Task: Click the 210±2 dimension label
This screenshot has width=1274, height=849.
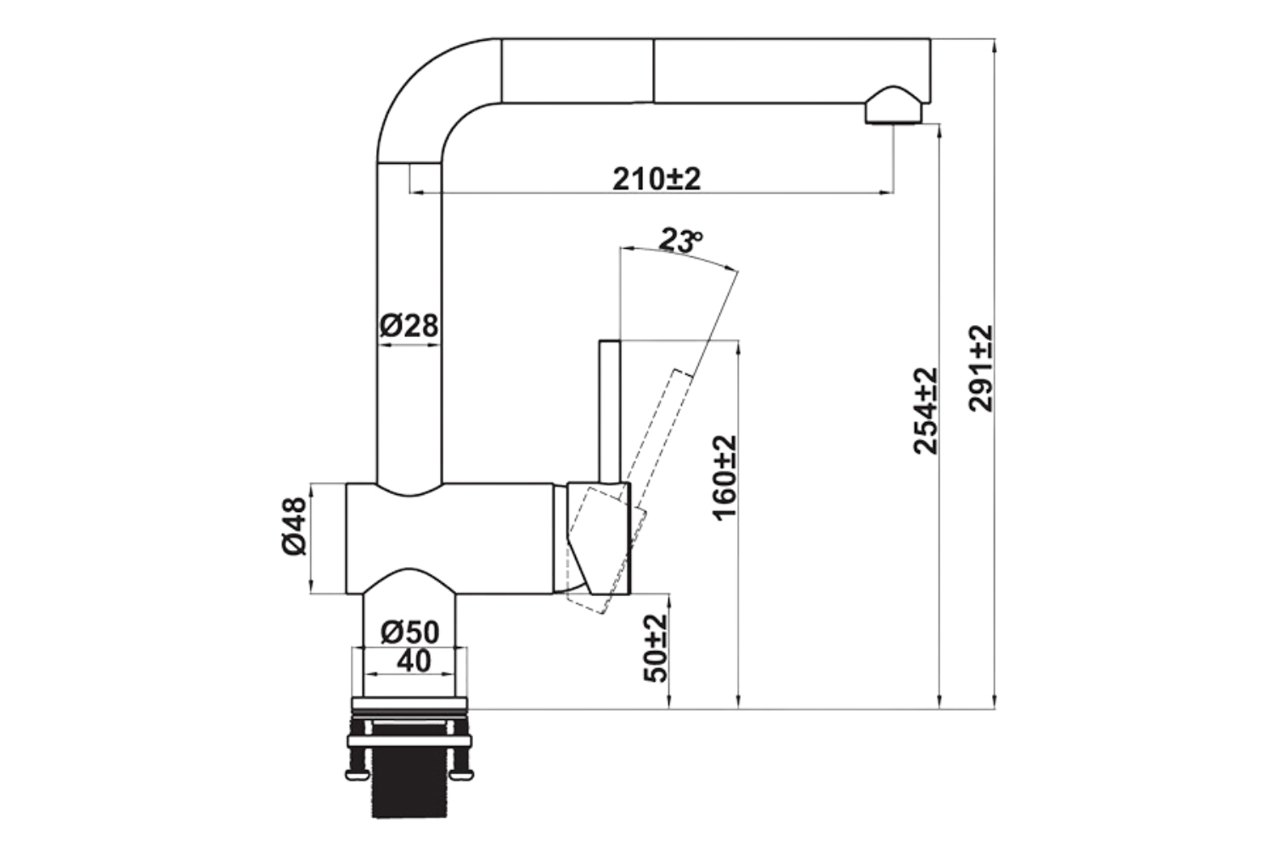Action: [x=657, y=179]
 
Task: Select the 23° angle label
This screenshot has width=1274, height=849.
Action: [x=681, y=241]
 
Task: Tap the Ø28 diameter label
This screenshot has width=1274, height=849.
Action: [x=409, y=325]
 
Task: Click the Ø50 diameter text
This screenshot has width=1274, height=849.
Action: [x=410, y=632]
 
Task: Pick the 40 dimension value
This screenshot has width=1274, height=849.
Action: [x=414, y=661]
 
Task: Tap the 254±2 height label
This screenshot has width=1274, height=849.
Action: [x=926, y=410]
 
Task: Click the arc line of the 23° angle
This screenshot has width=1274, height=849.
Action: [x=679, y=256]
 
